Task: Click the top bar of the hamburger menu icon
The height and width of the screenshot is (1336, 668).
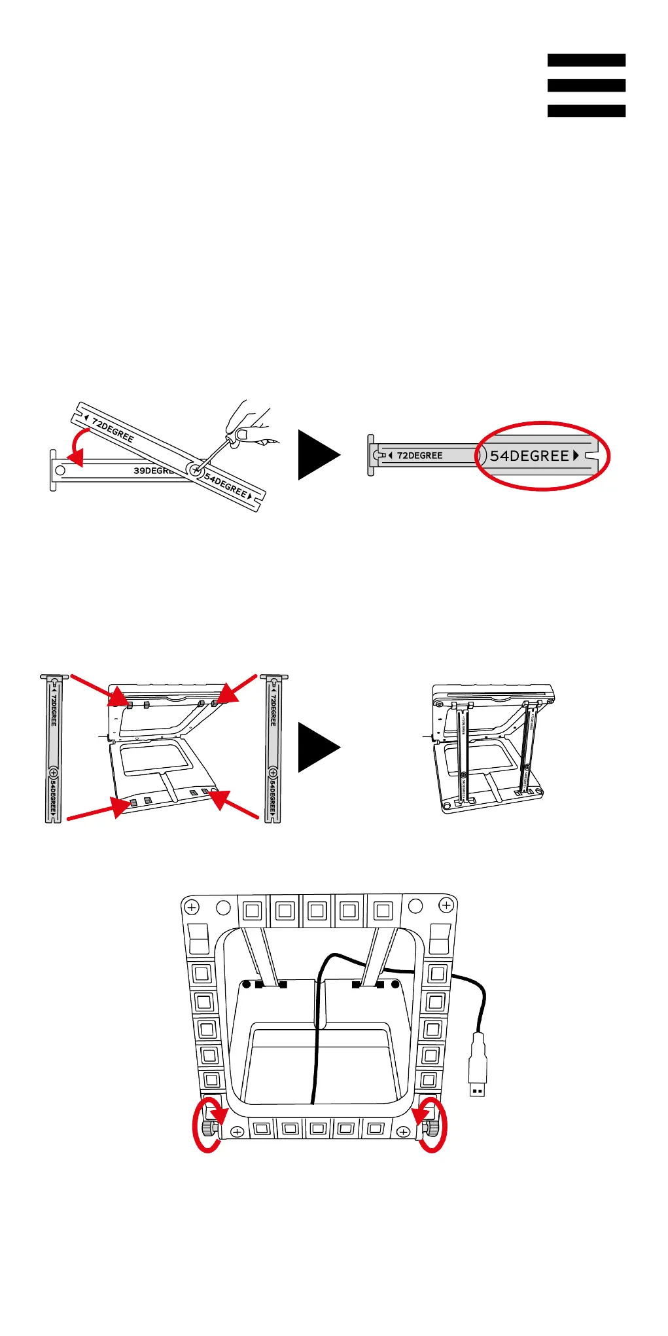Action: tap(586, 60)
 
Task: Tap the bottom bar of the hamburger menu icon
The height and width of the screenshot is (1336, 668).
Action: tap(586, 111)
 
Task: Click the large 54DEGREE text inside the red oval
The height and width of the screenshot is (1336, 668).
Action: tap(530, 456)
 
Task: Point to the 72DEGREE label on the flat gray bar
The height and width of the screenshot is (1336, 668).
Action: tap(419, 456)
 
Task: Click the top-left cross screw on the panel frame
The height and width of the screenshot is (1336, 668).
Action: tap(192, 907)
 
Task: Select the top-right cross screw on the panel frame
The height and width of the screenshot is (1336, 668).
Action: tap(446, 905)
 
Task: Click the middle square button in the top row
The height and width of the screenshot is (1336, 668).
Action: tap(317, 911)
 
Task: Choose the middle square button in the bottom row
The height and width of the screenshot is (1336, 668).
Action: tap(318, 1128)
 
